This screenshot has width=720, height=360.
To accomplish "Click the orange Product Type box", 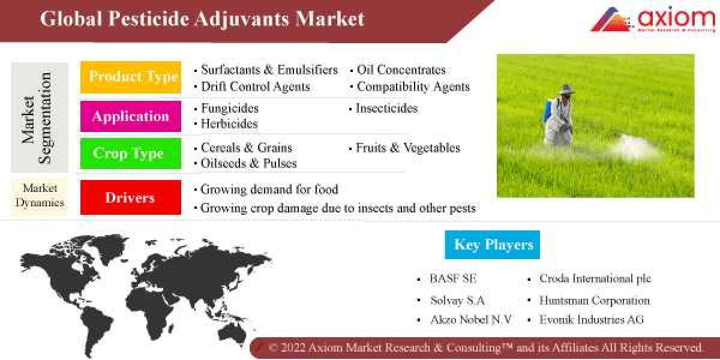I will pyautogui.click(x=131, y=77).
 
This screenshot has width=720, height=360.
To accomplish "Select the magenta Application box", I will pyautogui.click(x=131, y=116).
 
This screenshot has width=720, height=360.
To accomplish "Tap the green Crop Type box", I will pyautogui.click(x=131, y=154).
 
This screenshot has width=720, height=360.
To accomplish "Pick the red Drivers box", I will pyautogui.click(x=131, y=197).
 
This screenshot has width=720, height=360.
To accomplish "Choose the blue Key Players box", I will pyautogui.click(x=493, y=244).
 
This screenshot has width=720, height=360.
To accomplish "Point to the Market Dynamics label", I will pyautogui.click(x=40, y=196).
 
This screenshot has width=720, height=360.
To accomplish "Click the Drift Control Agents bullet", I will pyautogui.click(x=255, y=86).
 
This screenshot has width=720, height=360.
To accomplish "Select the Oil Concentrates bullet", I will pyautogui.click(x=401, y=70).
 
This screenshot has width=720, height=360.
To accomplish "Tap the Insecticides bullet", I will pyautogui.click(x=386, y=109).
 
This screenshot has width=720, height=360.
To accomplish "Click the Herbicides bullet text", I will pyautogui.click(x=229, y=124).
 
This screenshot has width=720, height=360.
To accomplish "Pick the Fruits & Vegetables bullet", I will pyautogui.click(x=407, y=148).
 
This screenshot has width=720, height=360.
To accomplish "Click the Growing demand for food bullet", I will pyautogui.click(x=269, y=190).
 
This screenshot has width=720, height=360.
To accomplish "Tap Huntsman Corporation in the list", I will pyautogui.click(x=594, y=300).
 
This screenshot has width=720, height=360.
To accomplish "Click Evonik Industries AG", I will pyautogui.click(x=591, y=320).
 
